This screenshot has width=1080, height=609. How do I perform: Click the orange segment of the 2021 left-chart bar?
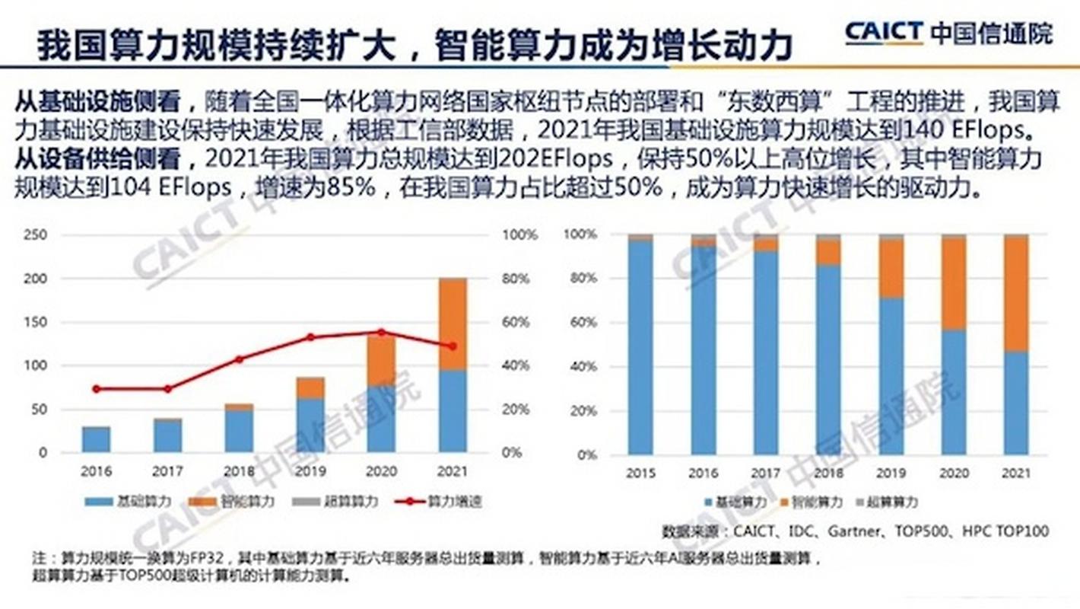point(453,324)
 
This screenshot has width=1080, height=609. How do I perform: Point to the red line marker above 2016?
point(96,389)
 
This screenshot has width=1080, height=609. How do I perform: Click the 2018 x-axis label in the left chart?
point(239,472)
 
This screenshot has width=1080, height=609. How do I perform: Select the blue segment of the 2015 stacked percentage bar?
point(640,346)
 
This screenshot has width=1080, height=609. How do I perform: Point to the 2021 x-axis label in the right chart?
point(1015,473)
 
